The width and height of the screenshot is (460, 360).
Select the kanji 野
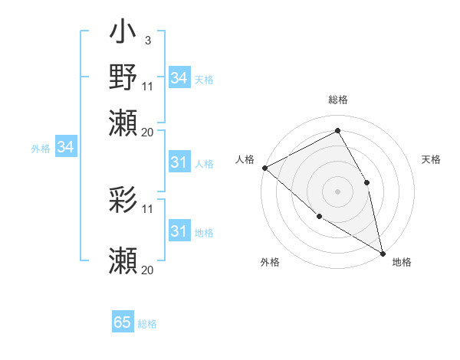(x=123, y=77)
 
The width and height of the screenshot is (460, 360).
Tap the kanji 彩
(x=123, y=201)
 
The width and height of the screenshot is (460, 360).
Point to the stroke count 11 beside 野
(x=147, y=86)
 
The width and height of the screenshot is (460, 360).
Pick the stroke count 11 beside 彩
(x=147, y=208)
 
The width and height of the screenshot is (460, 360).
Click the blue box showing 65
(x=123, y=322)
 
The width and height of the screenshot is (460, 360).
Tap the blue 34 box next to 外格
(x=65, y=147)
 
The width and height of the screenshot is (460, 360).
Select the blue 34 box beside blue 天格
(x=179, y=78)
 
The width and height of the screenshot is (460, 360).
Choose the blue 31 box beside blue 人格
(x=179, y=162)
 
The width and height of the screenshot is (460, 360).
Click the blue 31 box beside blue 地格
(x=179, y=231)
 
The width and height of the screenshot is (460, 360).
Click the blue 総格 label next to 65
(x=147, y=324)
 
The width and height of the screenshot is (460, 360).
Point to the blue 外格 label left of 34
(x=41, y=149)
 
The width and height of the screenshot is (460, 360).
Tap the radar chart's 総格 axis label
(x=338, y=100)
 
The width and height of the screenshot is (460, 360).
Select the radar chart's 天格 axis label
(x=432, y=159)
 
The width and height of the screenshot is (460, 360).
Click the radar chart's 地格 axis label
(x=402, y=262)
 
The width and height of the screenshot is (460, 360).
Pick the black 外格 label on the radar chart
(x=270, y=262)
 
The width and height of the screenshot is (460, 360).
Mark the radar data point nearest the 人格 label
(x=264, y=168)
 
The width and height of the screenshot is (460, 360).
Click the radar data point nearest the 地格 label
(x=382, y=252)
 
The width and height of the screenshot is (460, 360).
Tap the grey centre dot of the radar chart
(x=337, y=191)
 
